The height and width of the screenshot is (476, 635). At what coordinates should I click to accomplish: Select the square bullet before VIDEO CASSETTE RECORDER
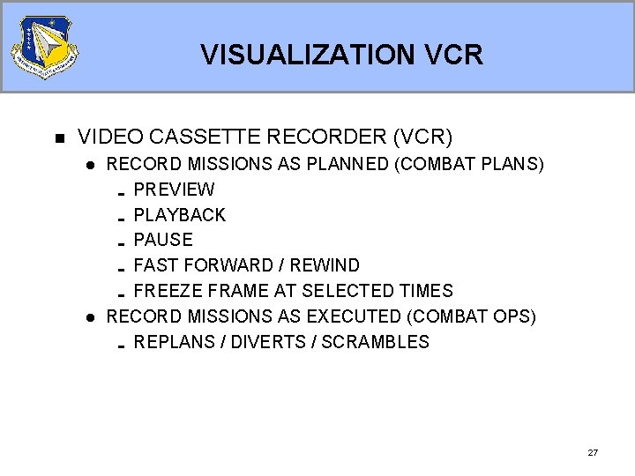[x=60, y=138]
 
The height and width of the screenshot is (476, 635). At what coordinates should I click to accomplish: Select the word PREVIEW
[x=174, y=190]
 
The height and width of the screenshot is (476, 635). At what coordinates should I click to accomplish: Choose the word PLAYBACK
[x=179, y=215]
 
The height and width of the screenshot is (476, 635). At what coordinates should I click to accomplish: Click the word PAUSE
[x=162, y=240]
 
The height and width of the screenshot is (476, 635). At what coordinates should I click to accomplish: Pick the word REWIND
[x=326, y=265]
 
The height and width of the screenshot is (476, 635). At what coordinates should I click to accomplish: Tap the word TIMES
[x=423, y=291]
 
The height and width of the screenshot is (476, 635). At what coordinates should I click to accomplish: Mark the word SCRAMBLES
[x=375, y=342]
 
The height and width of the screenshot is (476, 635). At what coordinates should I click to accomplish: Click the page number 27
[x=593, y=452]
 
